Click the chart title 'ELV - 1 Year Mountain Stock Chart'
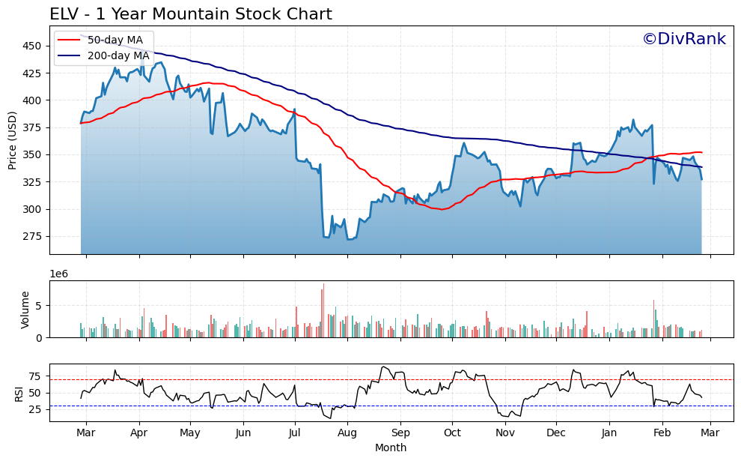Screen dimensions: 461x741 [x=191, y=14]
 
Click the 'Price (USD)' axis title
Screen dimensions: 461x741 [x=13, y=140]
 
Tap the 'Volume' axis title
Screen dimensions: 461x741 [x=25, y=309]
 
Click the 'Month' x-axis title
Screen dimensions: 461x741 [x=391, y=448]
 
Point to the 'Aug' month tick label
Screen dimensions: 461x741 [x=347, y=433]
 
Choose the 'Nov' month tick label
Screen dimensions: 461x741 [x=505, y=433]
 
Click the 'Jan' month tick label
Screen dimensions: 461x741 [x=609, y=433]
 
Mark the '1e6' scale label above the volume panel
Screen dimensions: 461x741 [x=59, y=274]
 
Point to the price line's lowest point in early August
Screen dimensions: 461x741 [x=348, y=239]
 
